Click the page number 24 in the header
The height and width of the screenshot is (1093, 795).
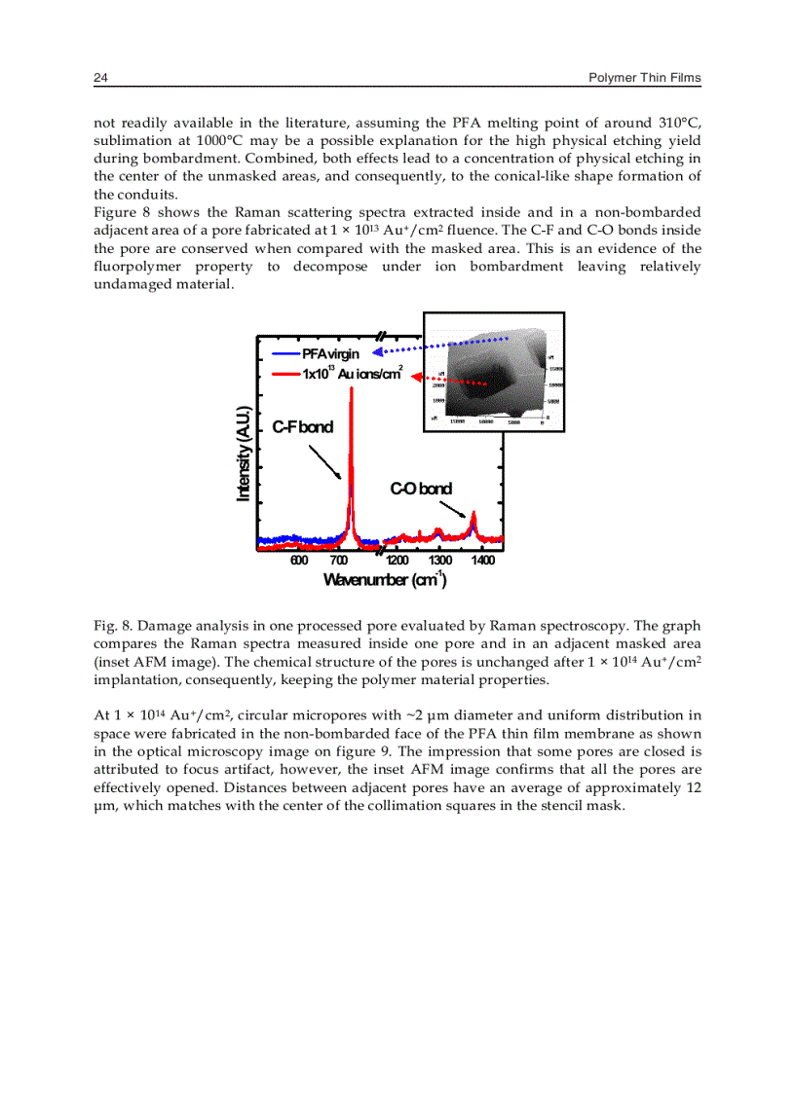click(99, 78)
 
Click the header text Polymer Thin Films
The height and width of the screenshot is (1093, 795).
click(645, 78)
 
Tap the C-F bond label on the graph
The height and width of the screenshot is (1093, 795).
click(302, 426)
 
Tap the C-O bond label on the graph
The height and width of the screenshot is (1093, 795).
click(421, 488)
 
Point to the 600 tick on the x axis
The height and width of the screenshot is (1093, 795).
click(299, 560)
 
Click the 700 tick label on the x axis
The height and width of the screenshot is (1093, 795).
click(339, 560)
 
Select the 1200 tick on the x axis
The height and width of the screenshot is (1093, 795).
click(397, 560)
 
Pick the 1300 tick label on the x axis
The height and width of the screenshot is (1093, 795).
click(439, 560)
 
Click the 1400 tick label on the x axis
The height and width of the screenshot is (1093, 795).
click(481, 560)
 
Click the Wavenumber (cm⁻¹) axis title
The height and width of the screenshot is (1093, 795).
click(384, 580)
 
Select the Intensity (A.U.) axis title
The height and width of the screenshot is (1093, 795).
click(244, 453)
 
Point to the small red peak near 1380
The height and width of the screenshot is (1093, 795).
click(473, 516)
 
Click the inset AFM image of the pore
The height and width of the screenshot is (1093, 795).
click(493, 372)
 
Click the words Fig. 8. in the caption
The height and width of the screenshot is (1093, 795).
click(108, 626)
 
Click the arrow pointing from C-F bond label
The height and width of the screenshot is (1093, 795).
click(323, 461)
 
